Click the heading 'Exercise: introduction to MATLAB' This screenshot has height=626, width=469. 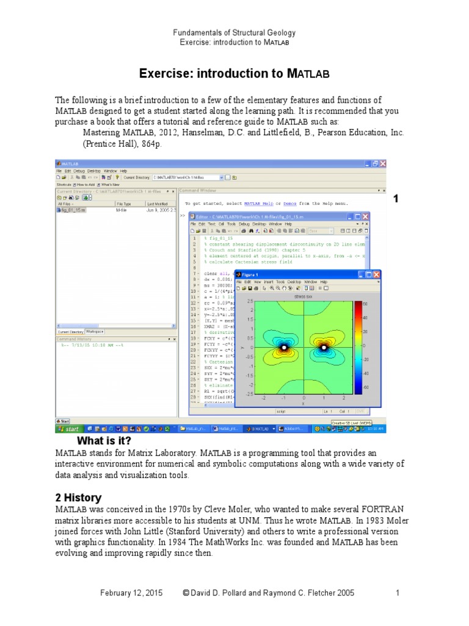pyautogui.click(x=234, y=74)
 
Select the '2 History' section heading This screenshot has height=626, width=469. pyautogui.click(x=78, y=498)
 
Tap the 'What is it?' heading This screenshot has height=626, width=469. pyautogui.click(x=104, y=441)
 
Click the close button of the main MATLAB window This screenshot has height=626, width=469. pyautogui.click(x=383, y=164)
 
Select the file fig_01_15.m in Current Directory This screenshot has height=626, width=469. pyautogui.click(x=73, y=210)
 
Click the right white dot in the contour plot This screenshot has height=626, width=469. pyautogui.click(x=323, y=348)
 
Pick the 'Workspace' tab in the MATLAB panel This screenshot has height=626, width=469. pyautogui.click(x=94, y=331)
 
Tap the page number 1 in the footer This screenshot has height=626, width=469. pyautogui.click(x=397, y=593)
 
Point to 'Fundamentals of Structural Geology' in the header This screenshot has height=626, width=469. pyautogui.click(x=234, y=32)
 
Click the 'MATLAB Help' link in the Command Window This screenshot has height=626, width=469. pyautogui.click(x=259, y=203)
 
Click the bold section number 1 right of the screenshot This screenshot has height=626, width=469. pyautogui.click(x=396, y=199)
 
